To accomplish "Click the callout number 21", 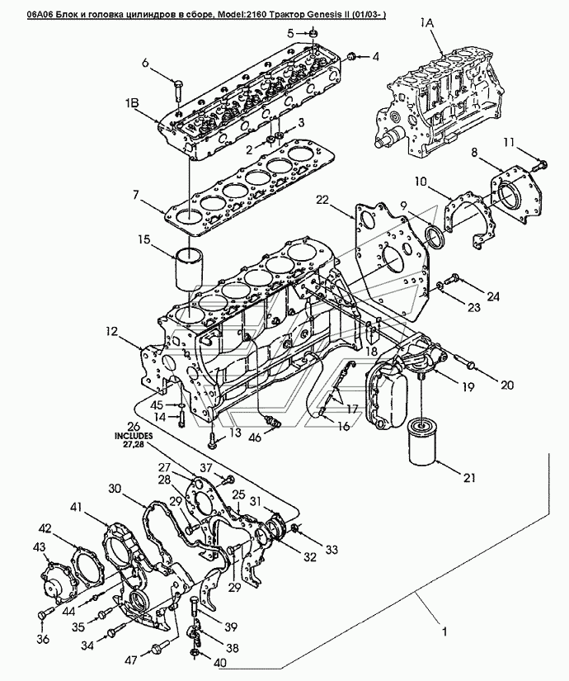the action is click(x=469, y=477).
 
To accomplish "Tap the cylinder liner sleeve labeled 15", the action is click(x=190, y=268).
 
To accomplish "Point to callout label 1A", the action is click(x=426, y=23).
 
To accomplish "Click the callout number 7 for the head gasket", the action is click(x=136, y=195).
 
